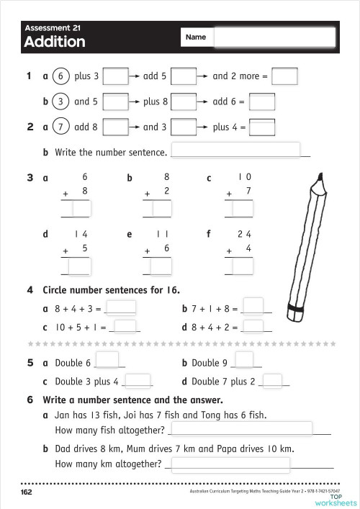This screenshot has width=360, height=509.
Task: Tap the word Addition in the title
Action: point(54,42)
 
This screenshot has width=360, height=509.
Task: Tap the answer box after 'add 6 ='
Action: point(262,102)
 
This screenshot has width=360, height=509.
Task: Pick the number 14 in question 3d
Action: point(81,235)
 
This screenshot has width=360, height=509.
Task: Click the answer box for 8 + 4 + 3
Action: point(121,308)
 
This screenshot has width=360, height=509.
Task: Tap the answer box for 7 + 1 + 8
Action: point(253,307)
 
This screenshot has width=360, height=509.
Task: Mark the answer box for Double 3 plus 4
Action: point(139,381)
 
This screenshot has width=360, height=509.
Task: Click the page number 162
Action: point(27,492)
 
